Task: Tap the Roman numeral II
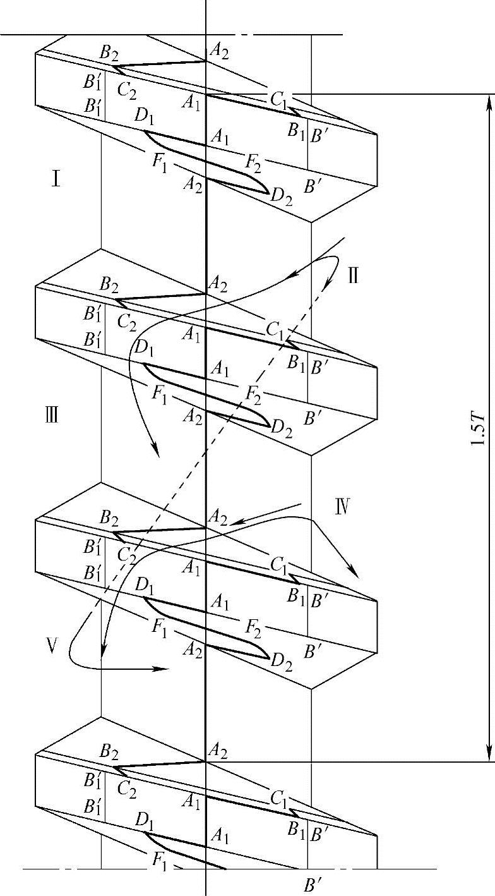click(x=353, y=275)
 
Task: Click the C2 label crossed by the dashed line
click(x=126, y=555)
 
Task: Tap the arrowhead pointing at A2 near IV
click(x=232, y=523)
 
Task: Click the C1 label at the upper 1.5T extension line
click(x=278, y=98)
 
